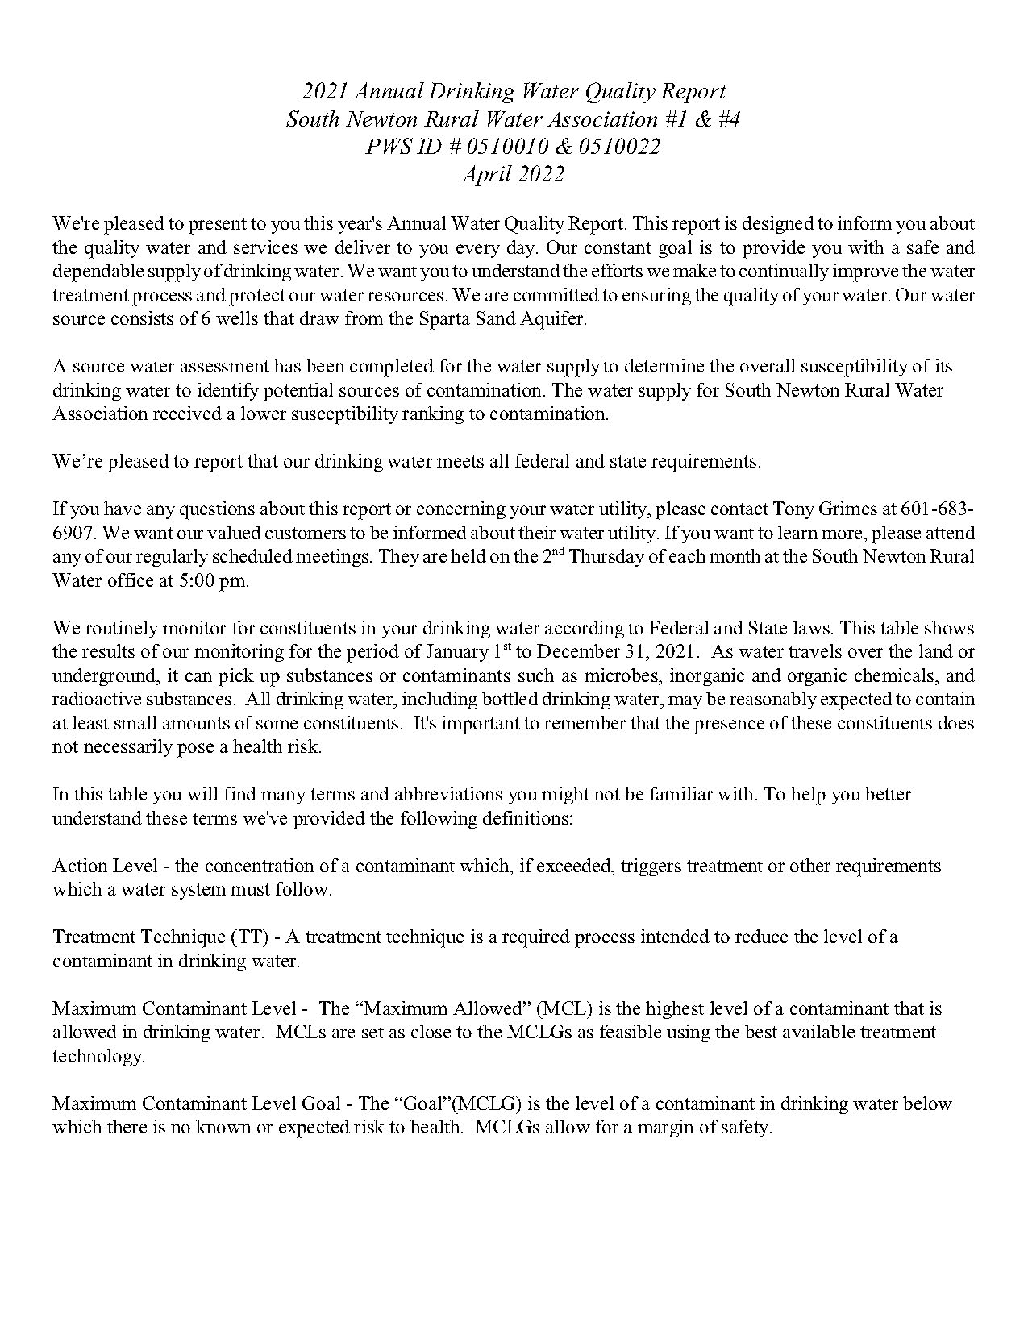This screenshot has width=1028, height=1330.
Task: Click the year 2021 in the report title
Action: (325, 91)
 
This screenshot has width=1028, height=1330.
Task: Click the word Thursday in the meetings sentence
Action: (605, 557)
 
